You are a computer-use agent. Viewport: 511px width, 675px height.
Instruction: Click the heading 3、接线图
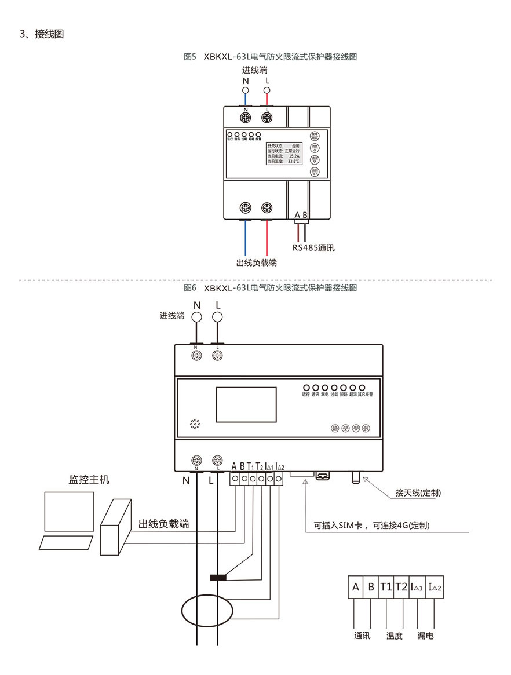[x=42, y=34]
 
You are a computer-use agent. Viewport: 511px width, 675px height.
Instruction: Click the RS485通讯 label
[x=313, y=247]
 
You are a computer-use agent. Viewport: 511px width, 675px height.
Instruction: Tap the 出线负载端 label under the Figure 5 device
[x=256, y=262]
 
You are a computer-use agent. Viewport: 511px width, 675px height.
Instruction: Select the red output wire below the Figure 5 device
[x=267, y=238]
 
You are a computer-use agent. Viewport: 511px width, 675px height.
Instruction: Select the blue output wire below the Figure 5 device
[x=245, y=238]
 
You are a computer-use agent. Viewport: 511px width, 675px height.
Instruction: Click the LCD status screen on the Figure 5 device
[x=283, y=151]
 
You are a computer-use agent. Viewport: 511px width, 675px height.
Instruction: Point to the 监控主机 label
[x=89, y=480]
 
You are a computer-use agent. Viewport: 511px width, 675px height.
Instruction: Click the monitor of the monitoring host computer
[x=69, y=512]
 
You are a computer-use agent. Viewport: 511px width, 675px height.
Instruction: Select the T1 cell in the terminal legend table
[x=386, y=586]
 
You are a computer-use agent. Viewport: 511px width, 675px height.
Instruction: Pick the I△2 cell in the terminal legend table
[x=434, y=587]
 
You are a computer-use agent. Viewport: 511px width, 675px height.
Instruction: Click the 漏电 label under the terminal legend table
[x=425, y=636]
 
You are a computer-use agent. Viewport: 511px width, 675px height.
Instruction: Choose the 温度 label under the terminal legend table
[x=394, y=636]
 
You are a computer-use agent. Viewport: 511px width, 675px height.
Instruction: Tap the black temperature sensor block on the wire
[x=218, y=577]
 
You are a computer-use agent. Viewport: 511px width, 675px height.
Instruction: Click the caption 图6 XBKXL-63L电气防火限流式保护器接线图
[x=269, y=287]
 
